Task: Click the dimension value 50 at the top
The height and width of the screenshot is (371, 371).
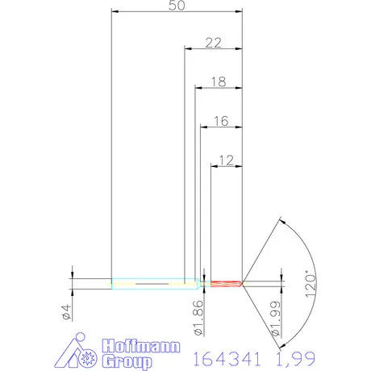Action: (176, 6)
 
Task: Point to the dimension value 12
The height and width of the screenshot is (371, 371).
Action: (226, 160)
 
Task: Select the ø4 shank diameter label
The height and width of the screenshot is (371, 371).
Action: (67, 312)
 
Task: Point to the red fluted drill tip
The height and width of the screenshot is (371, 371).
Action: (226, 283)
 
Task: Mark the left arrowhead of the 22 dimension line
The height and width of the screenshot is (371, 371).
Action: (189, 50)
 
